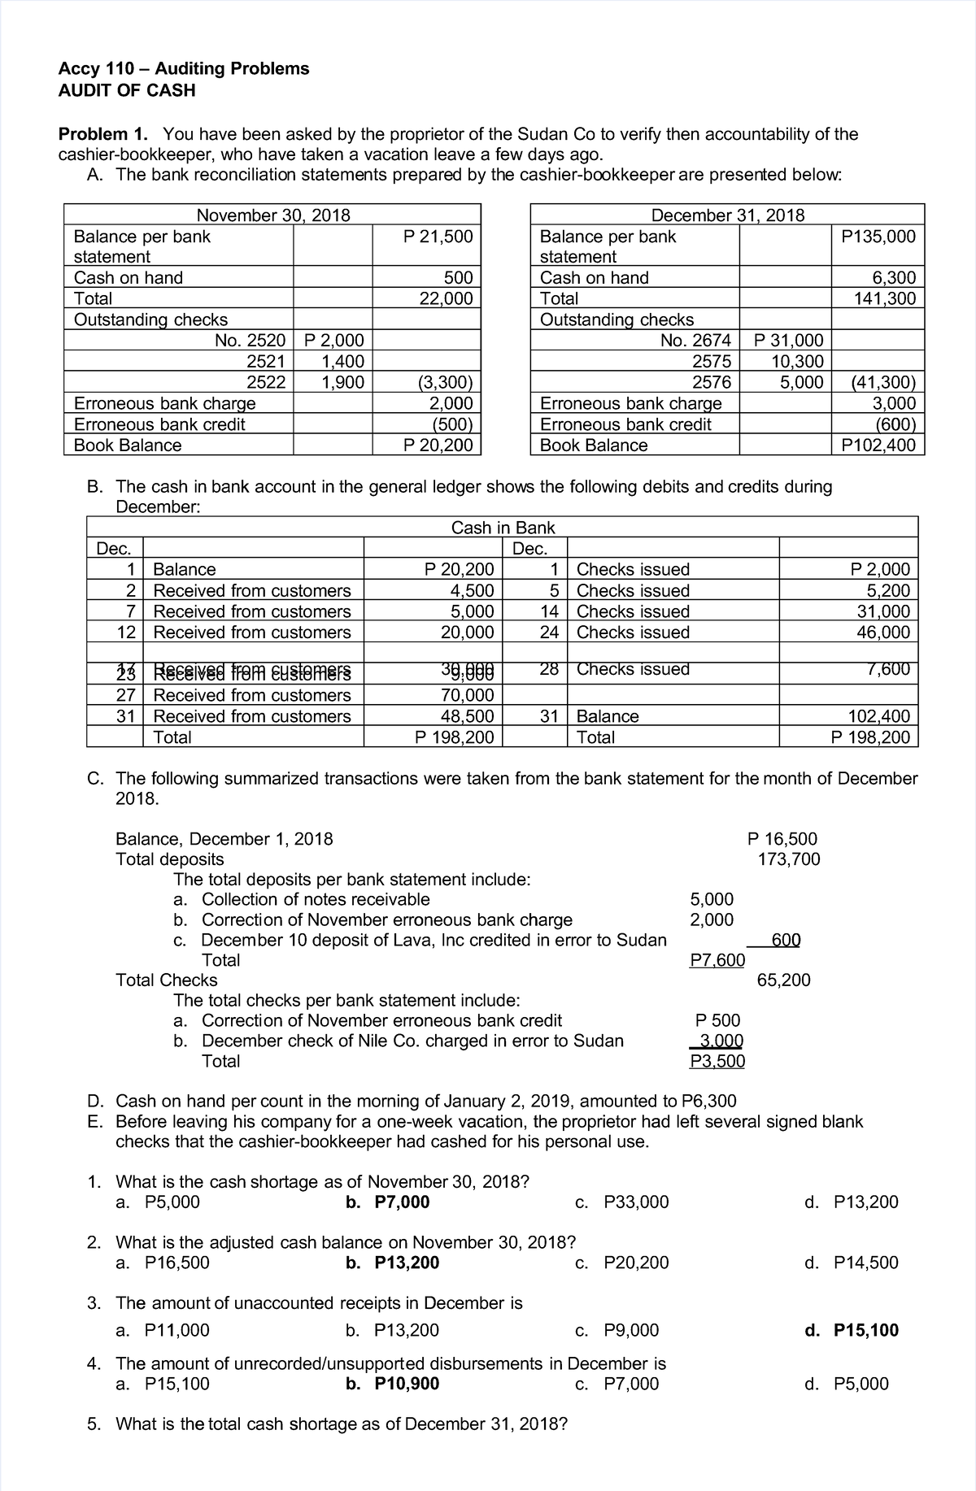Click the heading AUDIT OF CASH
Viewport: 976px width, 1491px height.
point(127,90)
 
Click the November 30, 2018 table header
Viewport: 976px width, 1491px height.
point(273,215)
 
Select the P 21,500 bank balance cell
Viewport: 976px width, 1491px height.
point(438,237)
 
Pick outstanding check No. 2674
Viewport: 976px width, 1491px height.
point(696,341)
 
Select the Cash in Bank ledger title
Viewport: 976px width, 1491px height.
point(503,528)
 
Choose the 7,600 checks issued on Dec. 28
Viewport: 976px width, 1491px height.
point(887,669)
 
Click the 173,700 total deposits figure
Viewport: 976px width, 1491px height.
point(788,859)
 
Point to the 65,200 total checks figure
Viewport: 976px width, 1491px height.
point(783,980)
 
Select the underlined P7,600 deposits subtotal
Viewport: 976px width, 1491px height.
point(717,960)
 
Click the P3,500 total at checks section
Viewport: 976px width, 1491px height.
point(717,1061)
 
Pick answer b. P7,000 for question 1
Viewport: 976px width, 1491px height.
point(387,1202)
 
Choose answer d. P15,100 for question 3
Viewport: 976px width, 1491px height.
point(851,1330)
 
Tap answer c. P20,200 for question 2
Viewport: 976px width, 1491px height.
point(621,1263)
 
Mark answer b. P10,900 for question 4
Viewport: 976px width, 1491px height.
point(392,1384)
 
